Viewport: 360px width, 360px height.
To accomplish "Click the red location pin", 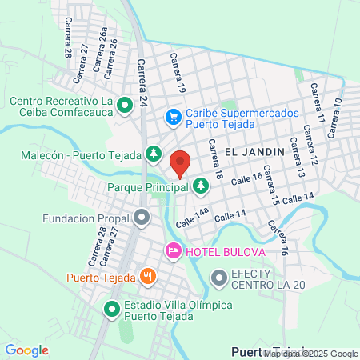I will [180, 162].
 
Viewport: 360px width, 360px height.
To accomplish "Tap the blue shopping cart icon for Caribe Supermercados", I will [173, 118].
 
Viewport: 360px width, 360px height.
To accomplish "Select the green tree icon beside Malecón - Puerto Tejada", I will [153, 152].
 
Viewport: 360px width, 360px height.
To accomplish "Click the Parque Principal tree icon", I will [201, 186].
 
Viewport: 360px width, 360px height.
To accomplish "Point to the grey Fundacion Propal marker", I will [142, 217].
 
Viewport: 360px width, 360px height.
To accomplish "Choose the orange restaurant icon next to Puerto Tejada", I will [147, 277].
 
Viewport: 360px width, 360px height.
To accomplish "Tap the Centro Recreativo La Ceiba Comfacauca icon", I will [125, 105].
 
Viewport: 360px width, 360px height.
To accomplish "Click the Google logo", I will [26, 350].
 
